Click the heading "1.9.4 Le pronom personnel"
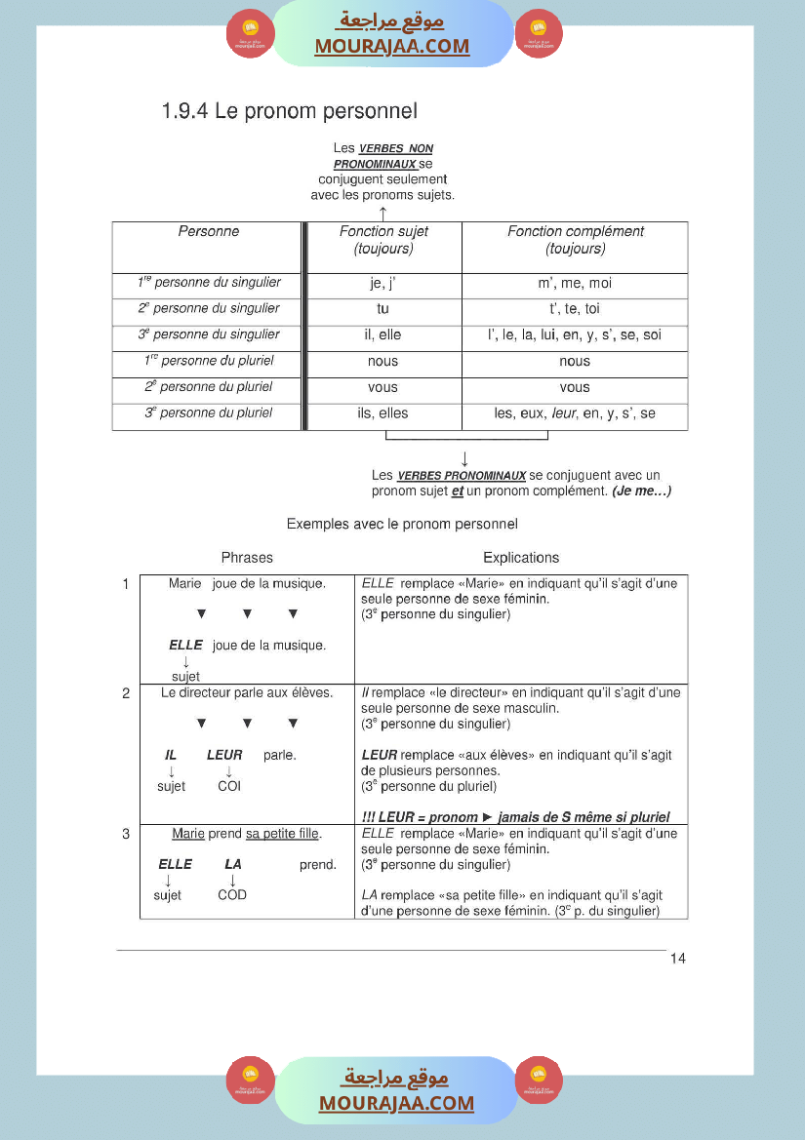point(290,111)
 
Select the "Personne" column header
point(208,232)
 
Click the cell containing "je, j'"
point(383,284)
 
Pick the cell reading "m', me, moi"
point(575,284)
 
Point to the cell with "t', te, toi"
point(575,309)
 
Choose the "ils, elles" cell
point(383,413)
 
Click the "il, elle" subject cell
point(383,335)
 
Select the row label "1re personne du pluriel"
point(209,361)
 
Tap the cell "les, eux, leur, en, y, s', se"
point(575,413)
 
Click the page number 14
point(678,959)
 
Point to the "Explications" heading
point(521,558)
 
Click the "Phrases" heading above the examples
point(247,558)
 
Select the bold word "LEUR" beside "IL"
point(224,755)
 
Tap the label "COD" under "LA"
point(232,895)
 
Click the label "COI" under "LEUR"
point(229,786)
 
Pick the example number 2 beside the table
point(126,693)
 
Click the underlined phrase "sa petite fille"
point(283,835)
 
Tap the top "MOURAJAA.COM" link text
point(391,46)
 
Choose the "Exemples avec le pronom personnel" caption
point(402,525)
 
